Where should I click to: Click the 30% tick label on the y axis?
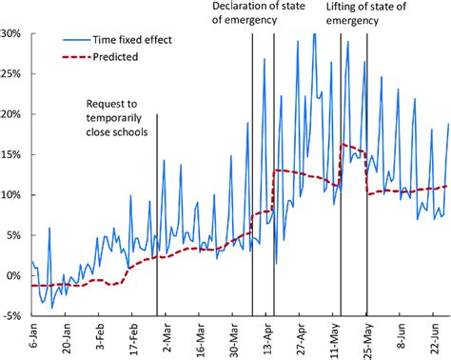click(12, 33)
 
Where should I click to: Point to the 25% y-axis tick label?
click(12, 73)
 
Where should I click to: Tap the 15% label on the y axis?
click(12, 154)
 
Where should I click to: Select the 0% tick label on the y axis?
click(15, 275)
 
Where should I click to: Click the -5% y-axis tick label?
click(13, 316)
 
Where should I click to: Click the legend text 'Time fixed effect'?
click(137, 42)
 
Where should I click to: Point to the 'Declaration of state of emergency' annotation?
click(251, 13)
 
